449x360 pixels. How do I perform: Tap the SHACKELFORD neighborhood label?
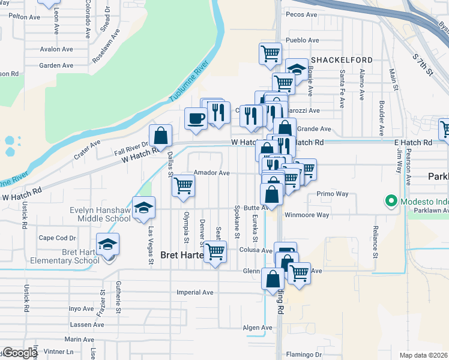coord(342,60)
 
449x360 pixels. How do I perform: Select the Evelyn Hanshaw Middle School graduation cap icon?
coord(143,208)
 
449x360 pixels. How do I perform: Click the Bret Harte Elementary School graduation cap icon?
coord(108,245)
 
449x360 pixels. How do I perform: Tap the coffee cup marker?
coord(196,118)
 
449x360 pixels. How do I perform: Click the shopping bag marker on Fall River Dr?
coord(161,136)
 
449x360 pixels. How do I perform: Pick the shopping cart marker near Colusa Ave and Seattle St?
coord(215,252)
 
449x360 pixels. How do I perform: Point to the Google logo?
coord(19,353)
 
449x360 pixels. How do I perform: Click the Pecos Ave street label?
coord(302,14)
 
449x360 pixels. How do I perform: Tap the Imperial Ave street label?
coord(195,293)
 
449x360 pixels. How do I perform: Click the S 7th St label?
coord(423,64)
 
